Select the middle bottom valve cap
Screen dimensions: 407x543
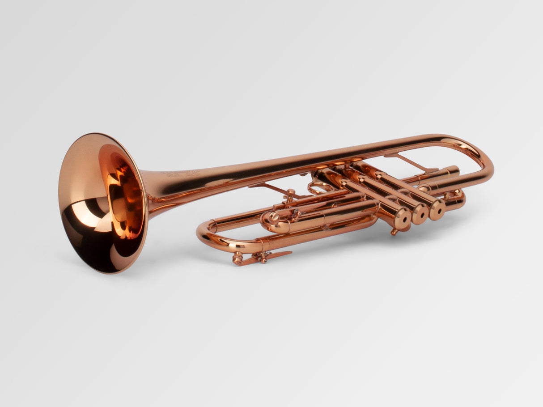(420, 214)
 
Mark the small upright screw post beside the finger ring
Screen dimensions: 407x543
(290, 195)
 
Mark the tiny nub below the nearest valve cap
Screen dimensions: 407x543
(394, 232)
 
